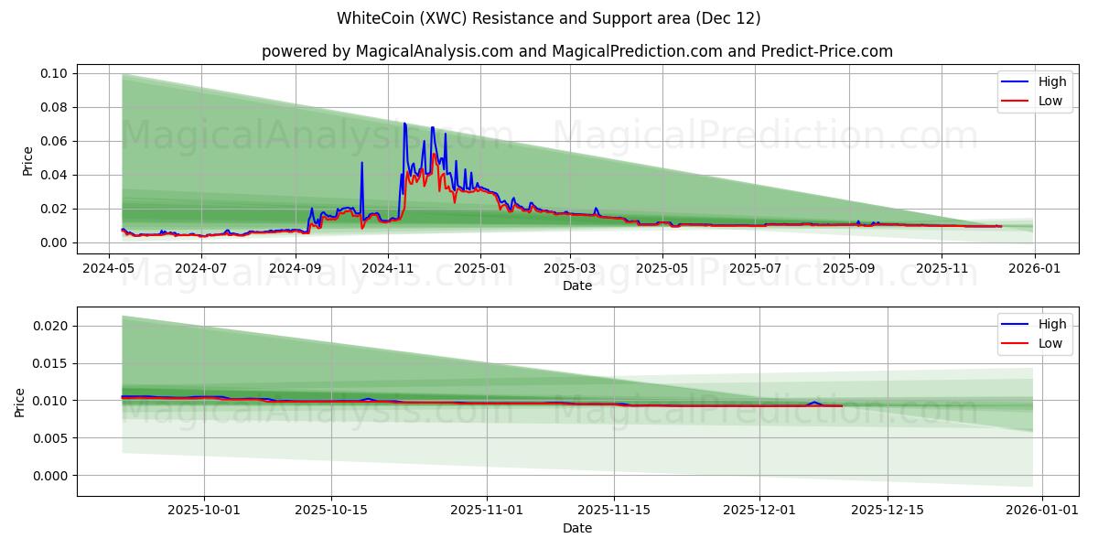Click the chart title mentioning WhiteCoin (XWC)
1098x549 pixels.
click(548, 18)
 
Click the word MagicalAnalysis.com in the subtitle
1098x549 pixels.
click(434, 51)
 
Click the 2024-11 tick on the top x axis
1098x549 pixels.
click(387, 269)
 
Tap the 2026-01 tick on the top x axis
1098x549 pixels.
click(1034, 269)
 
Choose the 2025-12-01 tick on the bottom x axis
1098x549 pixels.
click(759, 511)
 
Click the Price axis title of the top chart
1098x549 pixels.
click(27, 161)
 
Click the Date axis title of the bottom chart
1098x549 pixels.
click(576, 528)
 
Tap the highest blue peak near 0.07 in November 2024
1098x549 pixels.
click(404, 124)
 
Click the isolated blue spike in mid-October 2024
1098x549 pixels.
click(361, 164)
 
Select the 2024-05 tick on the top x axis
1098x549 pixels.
click(110, 269)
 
